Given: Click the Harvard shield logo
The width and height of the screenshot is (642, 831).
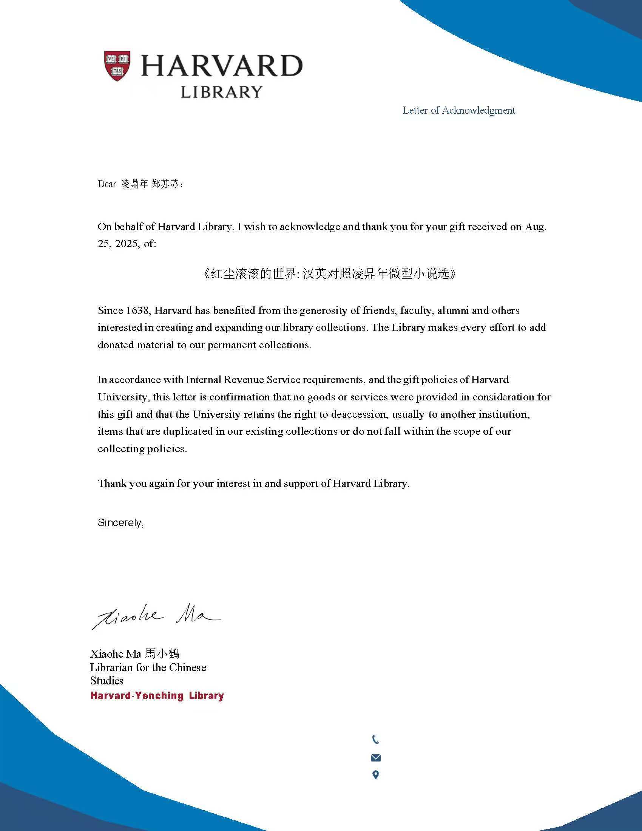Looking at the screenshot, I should [117, 65].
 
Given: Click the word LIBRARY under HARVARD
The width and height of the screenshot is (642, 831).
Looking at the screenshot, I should [221, 92].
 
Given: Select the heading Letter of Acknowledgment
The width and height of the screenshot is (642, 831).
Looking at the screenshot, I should [459, 110].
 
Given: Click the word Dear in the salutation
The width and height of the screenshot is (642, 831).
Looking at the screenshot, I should [106, 184].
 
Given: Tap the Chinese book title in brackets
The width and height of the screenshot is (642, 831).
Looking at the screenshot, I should [329, 274].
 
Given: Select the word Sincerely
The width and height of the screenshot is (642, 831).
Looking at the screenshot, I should [120, 522].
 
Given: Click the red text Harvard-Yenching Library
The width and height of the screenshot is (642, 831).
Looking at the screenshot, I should [157, 695].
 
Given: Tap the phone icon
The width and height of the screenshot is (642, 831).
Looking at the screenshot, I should [375, 740].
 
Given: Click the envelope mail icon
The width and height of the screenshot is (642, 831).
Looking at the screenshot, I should [375, 758].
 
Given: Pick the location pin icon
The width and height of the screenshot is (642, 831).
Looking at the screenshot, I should [375, 775].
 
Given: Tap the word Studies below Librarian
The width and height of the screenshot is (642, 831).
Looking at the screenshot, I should [107, 681].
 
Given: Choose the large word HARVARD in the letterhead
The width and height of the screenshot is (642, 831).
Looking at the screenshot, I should [222, 66].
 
